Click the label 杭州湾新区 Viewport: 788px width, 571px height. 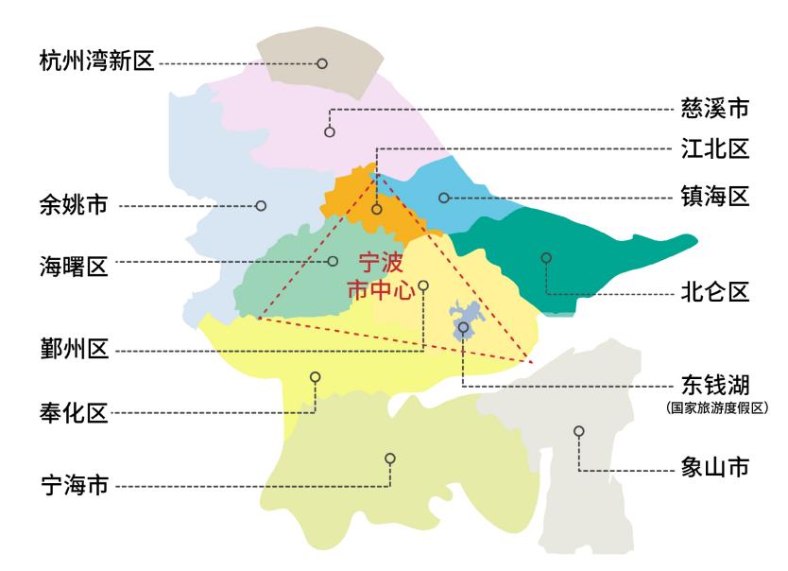pyautogui.click(x=95, y=63)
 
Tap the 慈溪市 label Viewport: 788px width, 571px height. pyautogui.click(x=715, y=109)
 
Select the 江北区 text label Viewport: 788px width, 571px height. pyautogui.click(x=715, y=148)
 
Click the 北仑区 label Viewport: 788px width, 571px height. pyautogui.click(x=715, y=290)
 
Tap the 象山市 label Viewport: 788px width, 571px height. pyautogui.click(x=715, y=467)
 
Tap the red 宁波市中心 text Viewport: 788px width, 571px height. pyautogui.click(x=381, y=275)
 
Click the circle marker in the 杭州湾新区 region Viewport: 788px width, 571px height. pyautogui.click(x=322, y=64)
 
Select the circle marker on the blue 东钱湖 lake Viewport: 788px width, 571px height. pyautogui.click(x=464, y=327)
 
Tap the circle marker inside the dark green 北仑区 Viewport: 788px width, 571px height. pyautogui.click(x=546, y=257)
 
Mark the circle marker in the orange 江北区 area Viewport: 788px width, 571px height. pyautogui.click(x=376, y=208)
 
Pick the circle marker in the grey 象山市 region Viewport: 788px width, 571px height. pyautogui.click(x=579, y=431)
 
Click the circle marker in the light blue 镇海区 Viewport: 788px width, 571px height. pyautogui.click(x=443, y=198)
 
